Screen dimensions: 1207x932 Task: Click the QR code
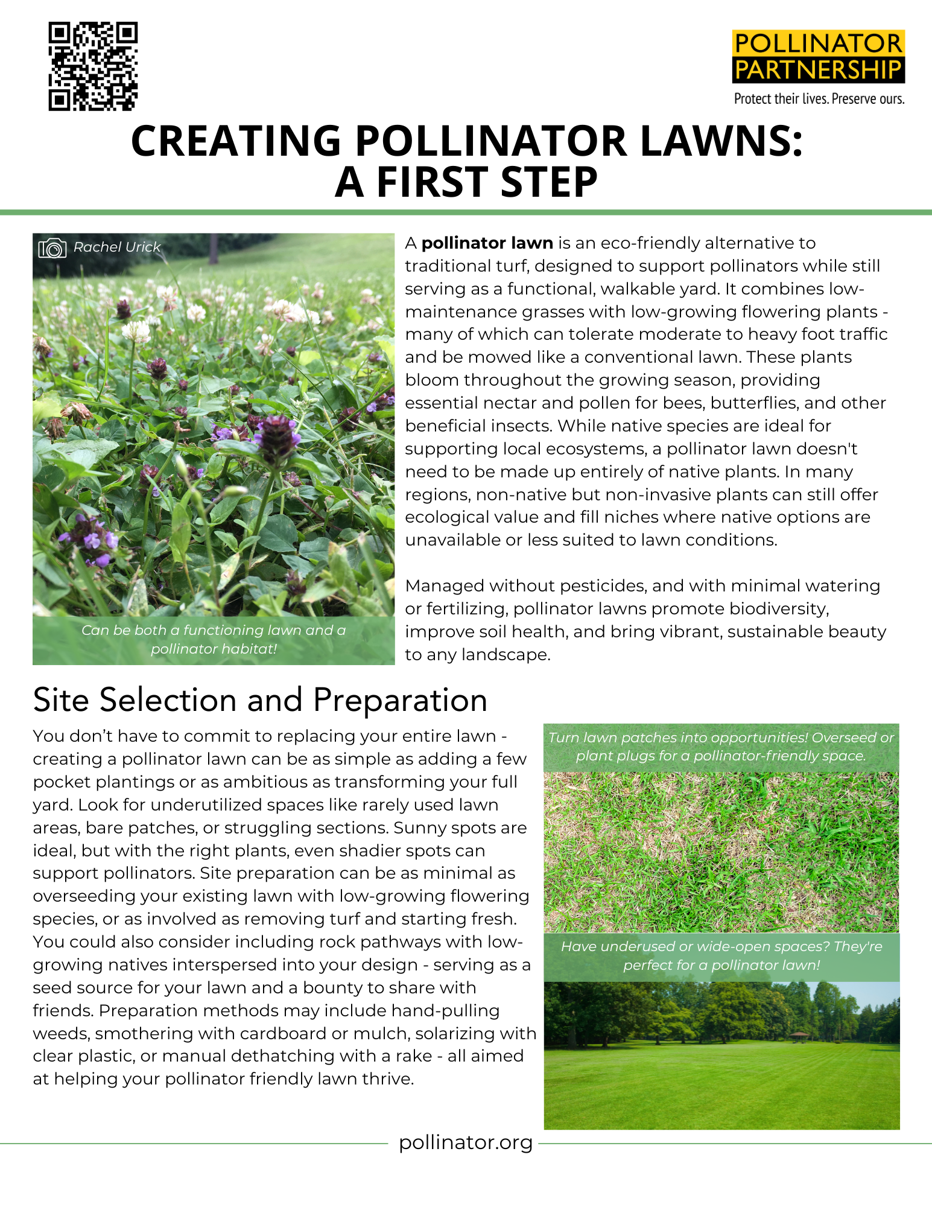(x=93, y=66)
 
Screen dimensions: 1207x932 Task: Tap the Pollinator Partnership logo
(x=819, y=57)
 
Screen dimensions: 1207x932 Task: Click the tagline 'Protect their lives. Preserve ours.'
(x=819, y=99)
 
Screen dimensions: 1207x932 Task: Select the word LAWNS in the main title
(x=721, y=141)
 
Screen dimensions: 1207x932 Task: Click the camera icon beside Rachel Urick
(x=52, y=247)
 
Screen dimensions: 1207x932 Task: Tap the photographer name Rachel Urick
(x=117, y=247)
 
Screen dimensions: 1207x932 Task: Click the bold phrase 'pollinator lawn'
(x=487, y=243)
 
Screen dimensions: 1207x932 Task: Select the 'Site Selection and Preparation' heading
(x=260, y=700)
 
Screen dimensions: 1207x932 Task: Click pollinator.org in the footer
(x=466, y=1142)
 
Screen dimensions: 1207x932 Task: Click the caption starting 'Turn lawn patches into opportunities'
(x=721, y=747)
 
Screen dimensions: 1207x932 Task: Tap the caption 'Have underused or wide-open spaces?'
(x=721, y=955)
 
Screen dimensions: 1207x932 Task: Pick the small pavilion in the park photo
(x=799, y=1036)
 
